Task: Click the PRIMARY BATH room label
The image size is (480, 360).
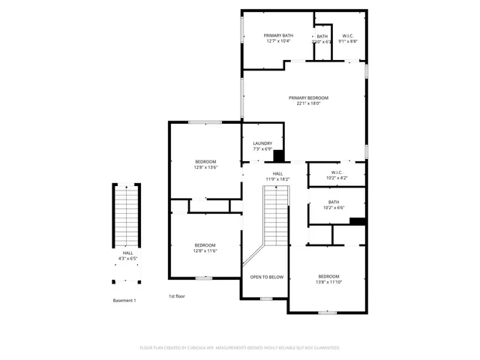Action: click(277, 35)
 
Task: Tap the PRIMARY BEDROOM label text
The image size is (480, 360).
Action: click(308, 97)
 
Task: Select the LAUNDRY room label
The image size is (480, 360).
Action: click(262, 143)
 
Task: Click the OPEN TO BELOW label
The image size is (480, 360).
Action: click(266, 277)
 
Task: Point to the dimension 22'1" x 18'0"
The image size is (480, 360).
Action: click(308, 104)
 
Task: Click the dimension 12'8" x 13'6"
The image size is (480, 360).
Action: click(205, 168)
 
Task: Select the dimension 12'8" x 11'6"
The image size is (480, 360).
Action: click(205, 251)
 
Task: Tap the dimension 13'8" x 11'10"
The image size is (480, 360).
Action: click(328, 283)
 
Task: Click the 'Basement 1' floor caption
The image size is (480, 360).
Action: click(124, 300)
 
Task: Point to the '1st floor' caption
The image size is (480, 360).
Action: click(177, 296)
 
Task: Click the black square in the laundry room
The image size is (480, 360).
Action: click(278, 156)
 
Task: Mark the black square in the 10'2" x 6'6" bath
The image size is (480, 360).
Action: click(357, 221)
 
